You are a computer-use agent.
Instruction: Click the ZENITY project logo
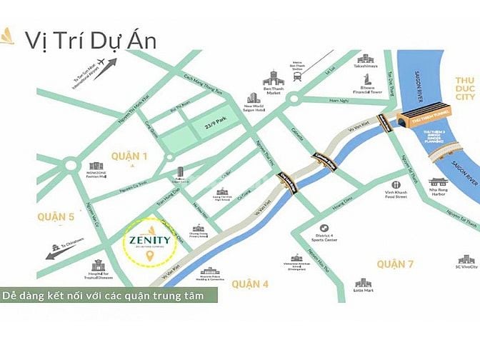149,236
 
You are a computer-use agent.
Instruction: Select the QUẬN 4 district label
251,284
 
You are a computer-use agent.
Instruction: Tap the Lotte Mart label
362,289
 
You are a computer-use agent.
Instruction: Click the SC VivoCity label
466,267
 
